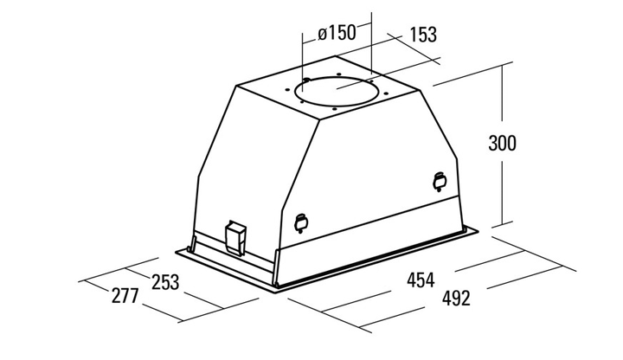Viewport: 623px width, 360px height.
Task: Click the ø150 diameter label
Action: pyautogui.click(x=337, y=33)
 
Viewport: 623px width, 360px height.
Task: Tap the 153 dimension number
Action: pyautogui.click(x=423, y=35)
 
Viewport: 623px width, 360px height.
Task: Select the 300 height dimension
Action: pyautogui.click(x=502, y=143)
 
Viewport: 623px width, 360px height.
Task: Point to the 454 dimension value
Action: pyautogui.click(x=421, y=280)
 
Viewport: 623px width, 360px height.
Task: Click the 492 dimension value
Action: pyautogui.click(x=456, y=298)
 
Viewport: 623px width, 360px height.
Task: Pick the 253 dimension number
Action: pyautogui.click(x=165, y=282)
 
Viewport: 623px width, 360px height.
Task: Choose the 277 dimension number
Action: pyautogui.click(x=125, y=296)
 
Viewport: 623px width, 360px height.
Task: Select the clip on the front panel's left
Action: pyautogui.click(x=301, y=223)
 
